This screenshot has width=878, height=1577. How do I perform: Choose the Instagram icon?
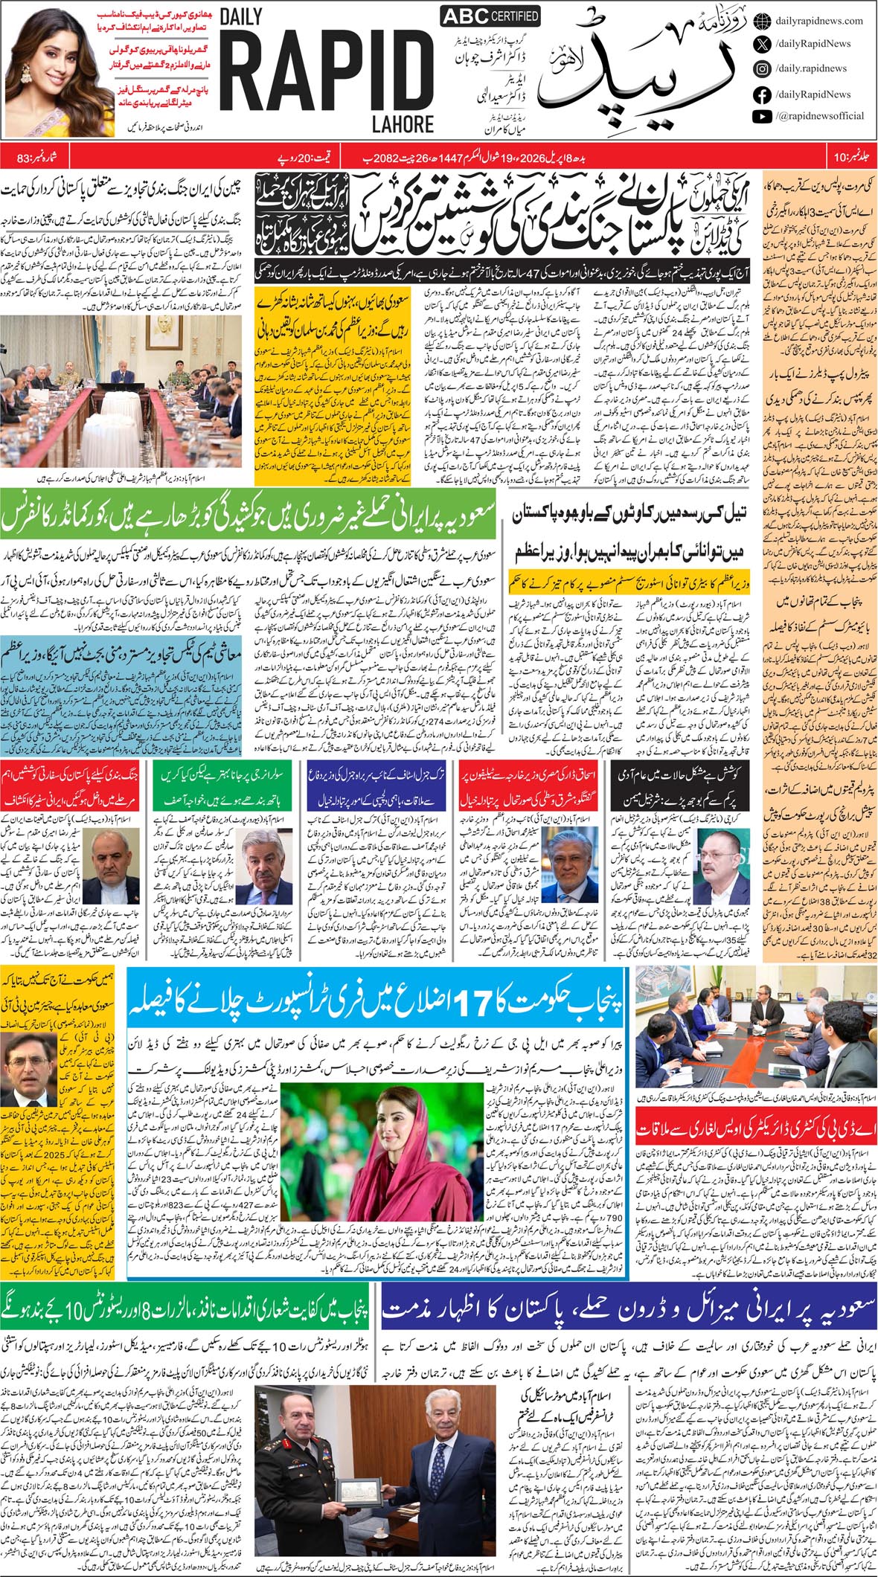(x=761, y=68)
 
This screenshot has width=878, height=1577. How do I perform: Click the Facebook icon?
(x=761, y=94)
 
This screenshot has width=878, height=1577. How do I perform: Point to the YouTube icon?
(x=761, y=116)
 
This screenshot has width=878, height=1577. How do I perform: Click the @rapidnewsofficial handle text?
(x=819, y=116)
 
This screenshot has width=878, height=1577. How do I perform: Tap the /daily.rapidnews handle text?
(x=810, y=68)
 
